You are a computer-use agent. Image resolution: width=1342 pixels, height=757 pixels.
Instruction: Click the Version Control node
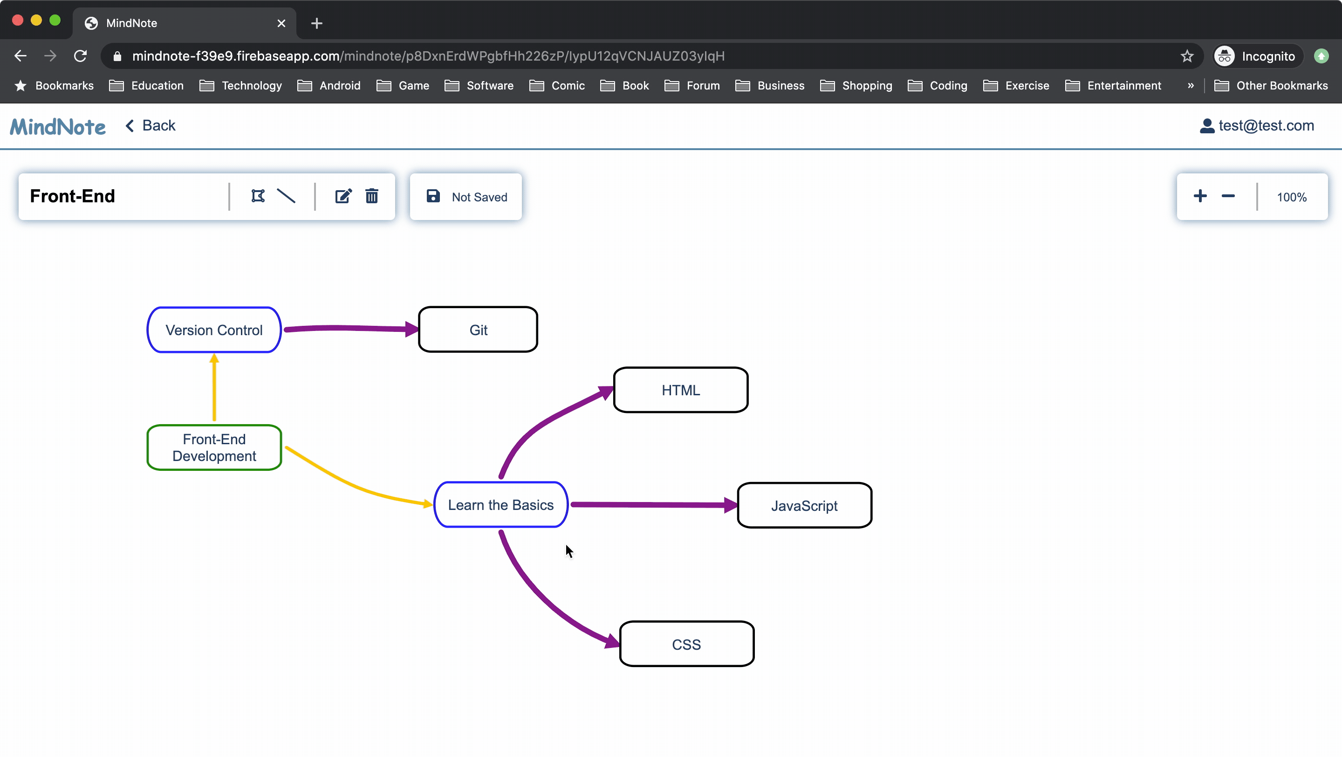tap(214, 330)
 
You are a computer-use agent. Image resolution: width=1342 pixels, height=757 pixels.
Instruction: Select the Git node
tap(478, 330)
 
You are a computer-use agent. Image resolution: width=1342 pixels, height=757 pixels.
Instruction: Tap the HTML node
tap(681, 390)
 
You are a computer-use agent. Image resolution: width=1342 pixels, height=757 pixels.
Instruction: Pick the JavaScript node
tap(805, 505)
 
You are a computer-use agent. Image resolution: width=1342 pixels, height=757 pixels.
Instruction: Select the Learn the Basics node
tap(500, 505)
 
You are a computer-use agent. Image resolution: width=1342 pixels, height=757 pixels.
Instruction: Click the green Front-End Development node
tap(214, 447)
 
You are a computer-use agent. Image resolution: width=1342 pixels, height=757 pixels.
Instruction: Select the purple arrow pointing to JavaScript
tap(654, 505)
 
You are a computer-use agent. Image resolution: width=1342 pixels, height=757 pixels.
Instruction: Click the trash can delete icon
tap(371, 196)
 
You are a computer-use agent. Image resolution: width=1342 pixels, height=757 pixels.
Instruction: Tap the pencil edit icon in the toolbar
tap(343, 196)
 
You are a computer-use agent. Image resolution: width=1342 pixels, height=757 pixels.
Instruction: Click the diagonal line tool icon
tap(286, 196)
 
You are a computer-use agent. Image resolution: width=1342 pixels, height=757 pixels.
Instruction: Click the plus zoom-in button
tap(1200, 196)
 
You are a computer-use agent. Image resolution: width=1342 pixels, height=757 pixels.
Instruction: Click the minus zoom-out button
tap(1228, 196)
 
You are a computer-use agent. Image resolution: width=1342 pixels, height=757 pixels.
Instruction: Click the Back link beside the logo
tap(151, 125)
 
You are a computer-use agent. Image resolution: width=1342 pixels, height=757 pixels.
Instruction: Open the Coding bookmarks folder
tap(938, 85)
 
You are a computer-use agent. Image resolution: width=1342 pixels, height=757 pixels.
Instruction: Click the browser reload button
tap(80, 56)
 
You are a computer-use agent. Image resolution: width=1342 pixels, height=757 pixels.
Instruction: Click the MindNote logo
tap(58, 127)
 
